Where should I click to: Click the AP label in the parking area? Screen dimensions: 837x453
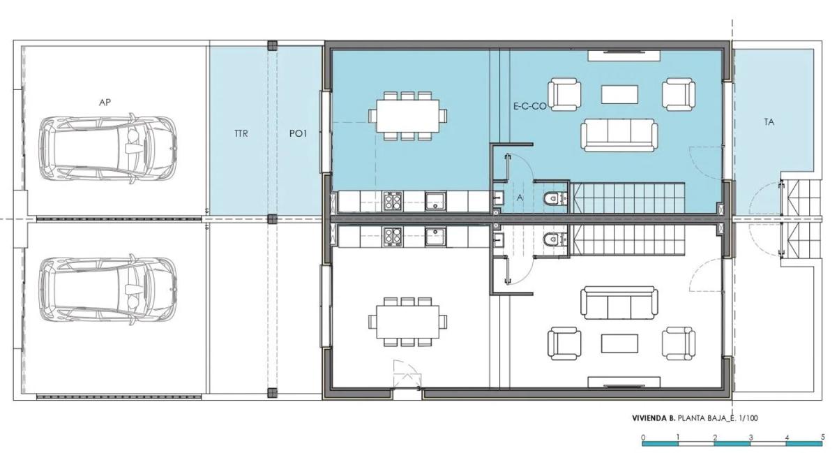(105, 102)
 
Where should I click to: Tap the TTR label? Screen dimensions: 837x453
(241, 133)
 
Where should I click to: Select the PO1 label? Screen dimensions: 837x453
(298, 133)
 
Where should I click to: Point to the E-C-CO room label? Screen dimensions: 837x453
(530, 106)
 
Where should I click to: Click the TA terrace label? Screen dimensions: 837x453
(769, 122)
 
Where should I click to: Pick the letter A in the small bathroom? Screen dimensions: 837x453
(520, 198)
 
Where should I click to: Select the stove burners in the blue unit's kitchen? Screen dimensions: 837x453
(392, 201)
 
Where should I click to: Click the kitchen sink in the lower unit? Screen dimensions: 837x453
(435, 237)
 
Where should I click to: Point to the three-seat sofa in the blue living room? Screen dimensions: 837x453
(619, 135)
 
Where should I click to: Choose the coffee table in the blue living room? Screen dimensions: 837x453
(619, 94)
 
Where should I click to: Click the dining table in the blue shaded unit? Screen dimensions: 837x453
(407, 116)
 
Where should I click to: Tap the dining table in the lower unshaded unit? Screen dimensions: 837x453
(407, 322)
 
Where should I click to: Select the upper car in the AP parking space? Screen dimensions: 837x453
(107, 149)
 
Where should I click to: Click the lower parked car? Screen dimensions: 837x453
(107, 289)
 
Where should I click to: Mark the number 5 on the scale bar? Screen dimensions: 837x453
(822, 436)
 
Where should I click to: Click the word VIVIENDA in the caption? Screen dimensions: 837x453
(649, 418)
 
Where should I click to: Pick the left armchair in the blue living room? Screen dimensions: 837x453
(564, 94)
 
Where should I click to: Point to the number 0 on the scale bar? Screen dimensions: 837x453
(642, 437)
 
